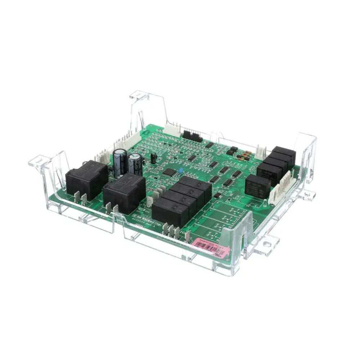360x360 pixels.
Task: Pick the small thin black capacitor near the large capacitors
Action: click(x=154, y=157)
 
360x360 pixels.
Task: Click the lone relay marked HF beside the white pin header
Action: click(x=258, y=185)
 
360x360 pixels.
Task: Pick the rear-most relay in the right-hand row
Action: click(x=284, y=154)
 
